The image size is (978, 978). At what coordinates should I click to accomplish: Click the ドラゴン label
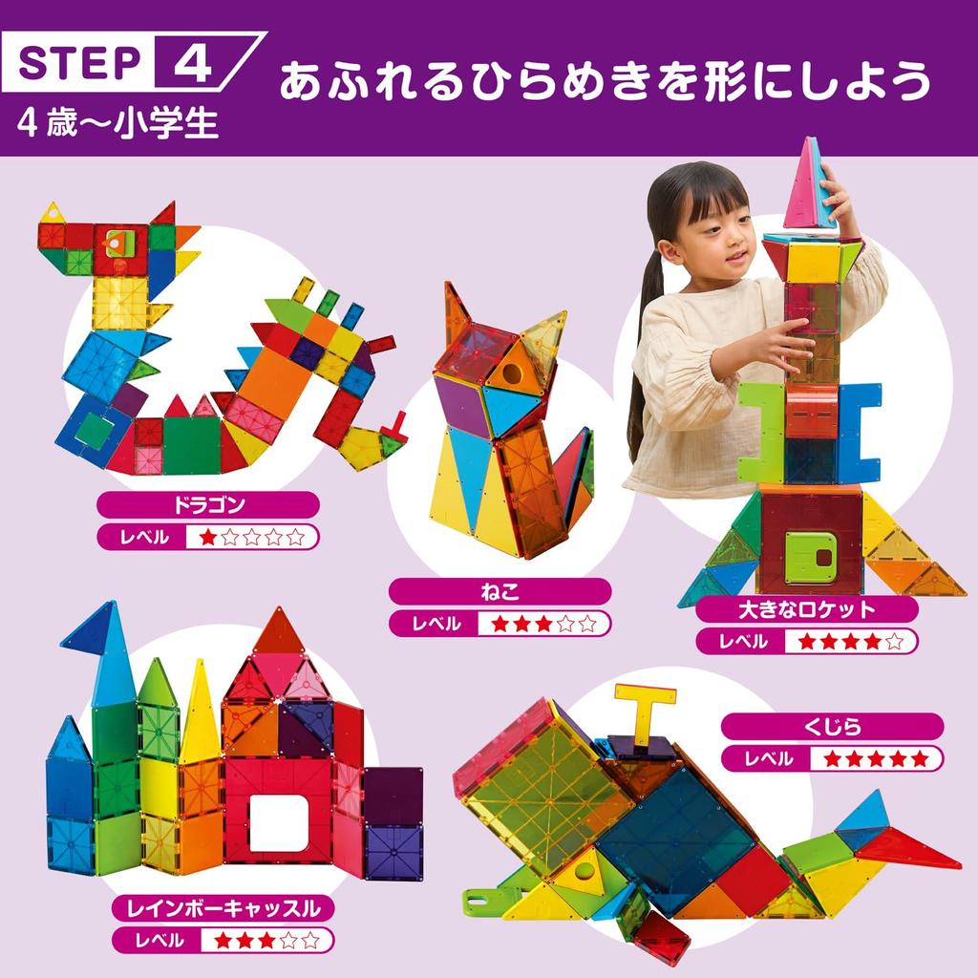tap(207, 505)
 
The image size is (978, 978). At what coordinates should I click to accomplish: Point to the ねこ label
tap(500, 592)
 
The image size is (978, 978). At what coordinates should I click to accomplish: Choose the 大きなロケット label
tap(807, 609)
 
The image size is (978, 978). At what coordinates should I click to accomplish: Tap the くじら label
tap(832, 727)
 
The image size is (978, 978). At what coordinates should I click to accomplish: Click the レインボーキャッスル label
tap(218, 905)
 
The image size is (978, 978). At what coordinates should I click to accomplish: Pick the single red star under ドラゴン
tap(207, 537)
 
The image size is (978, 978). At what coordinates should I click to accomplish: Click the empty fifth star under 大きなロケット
tap(894, 641)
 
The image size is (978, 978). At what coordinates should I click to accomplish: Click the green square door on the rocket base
tap(809, 558)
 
